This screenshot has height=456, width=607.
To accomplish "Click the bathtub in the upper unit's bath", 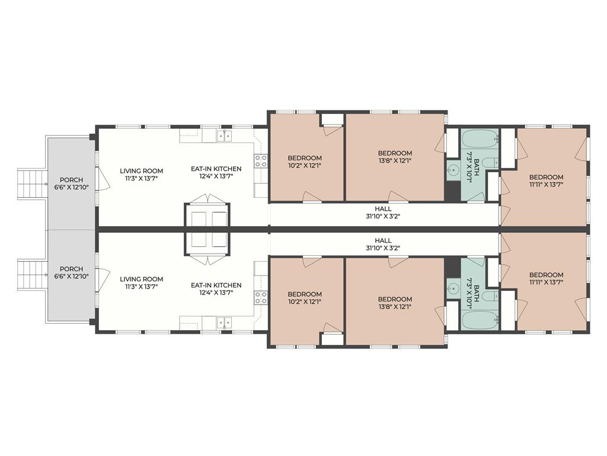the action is (x=480, y=139).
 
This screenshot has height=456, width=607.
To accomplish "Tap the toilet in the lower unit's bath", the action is (x=490, y=297).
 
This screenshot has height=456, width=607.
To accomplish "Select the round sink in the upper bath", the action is (x=453, y=170).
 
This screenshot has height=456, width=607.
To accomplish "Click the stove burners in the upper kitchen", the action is (x=261, y=161).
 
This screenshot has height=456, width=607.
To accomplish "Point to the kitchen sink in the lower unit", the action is (x=224, y=322).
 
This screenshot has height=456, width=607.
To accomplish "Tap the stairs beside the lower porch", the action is (x=32, y=275).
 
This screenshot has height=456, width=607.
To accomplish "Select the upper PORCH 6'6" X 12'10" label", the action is (x=71, y=184).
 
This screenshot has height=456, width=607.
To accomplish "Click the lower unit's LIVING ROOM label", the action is (x=141, y=283).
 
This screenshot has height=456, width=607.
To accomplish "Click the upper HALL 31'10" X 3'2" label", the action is (x=383, y=213).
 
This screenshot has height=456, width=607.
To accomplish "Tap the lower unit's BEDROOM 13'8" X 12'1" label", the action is (x=395, y=303).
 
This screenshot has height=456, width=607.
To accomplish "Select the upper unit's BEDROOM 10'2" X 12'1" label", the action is (x=305, y=161).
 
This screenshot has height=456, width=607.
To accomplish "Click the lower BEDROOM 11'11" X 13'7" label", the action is (x=546, y=278).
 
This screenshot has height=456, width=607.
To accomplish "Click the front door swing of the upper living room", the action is (x=101, y=179).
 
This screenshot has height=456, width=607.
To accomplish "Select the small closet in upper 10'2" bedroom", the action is (x=331, y=119).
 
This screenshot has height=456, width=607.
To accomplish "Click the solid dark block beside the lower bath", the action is (x=452, y=267).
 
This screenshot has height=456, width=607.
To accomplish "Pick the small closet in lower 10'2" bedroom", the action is (x=331, y=339).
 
